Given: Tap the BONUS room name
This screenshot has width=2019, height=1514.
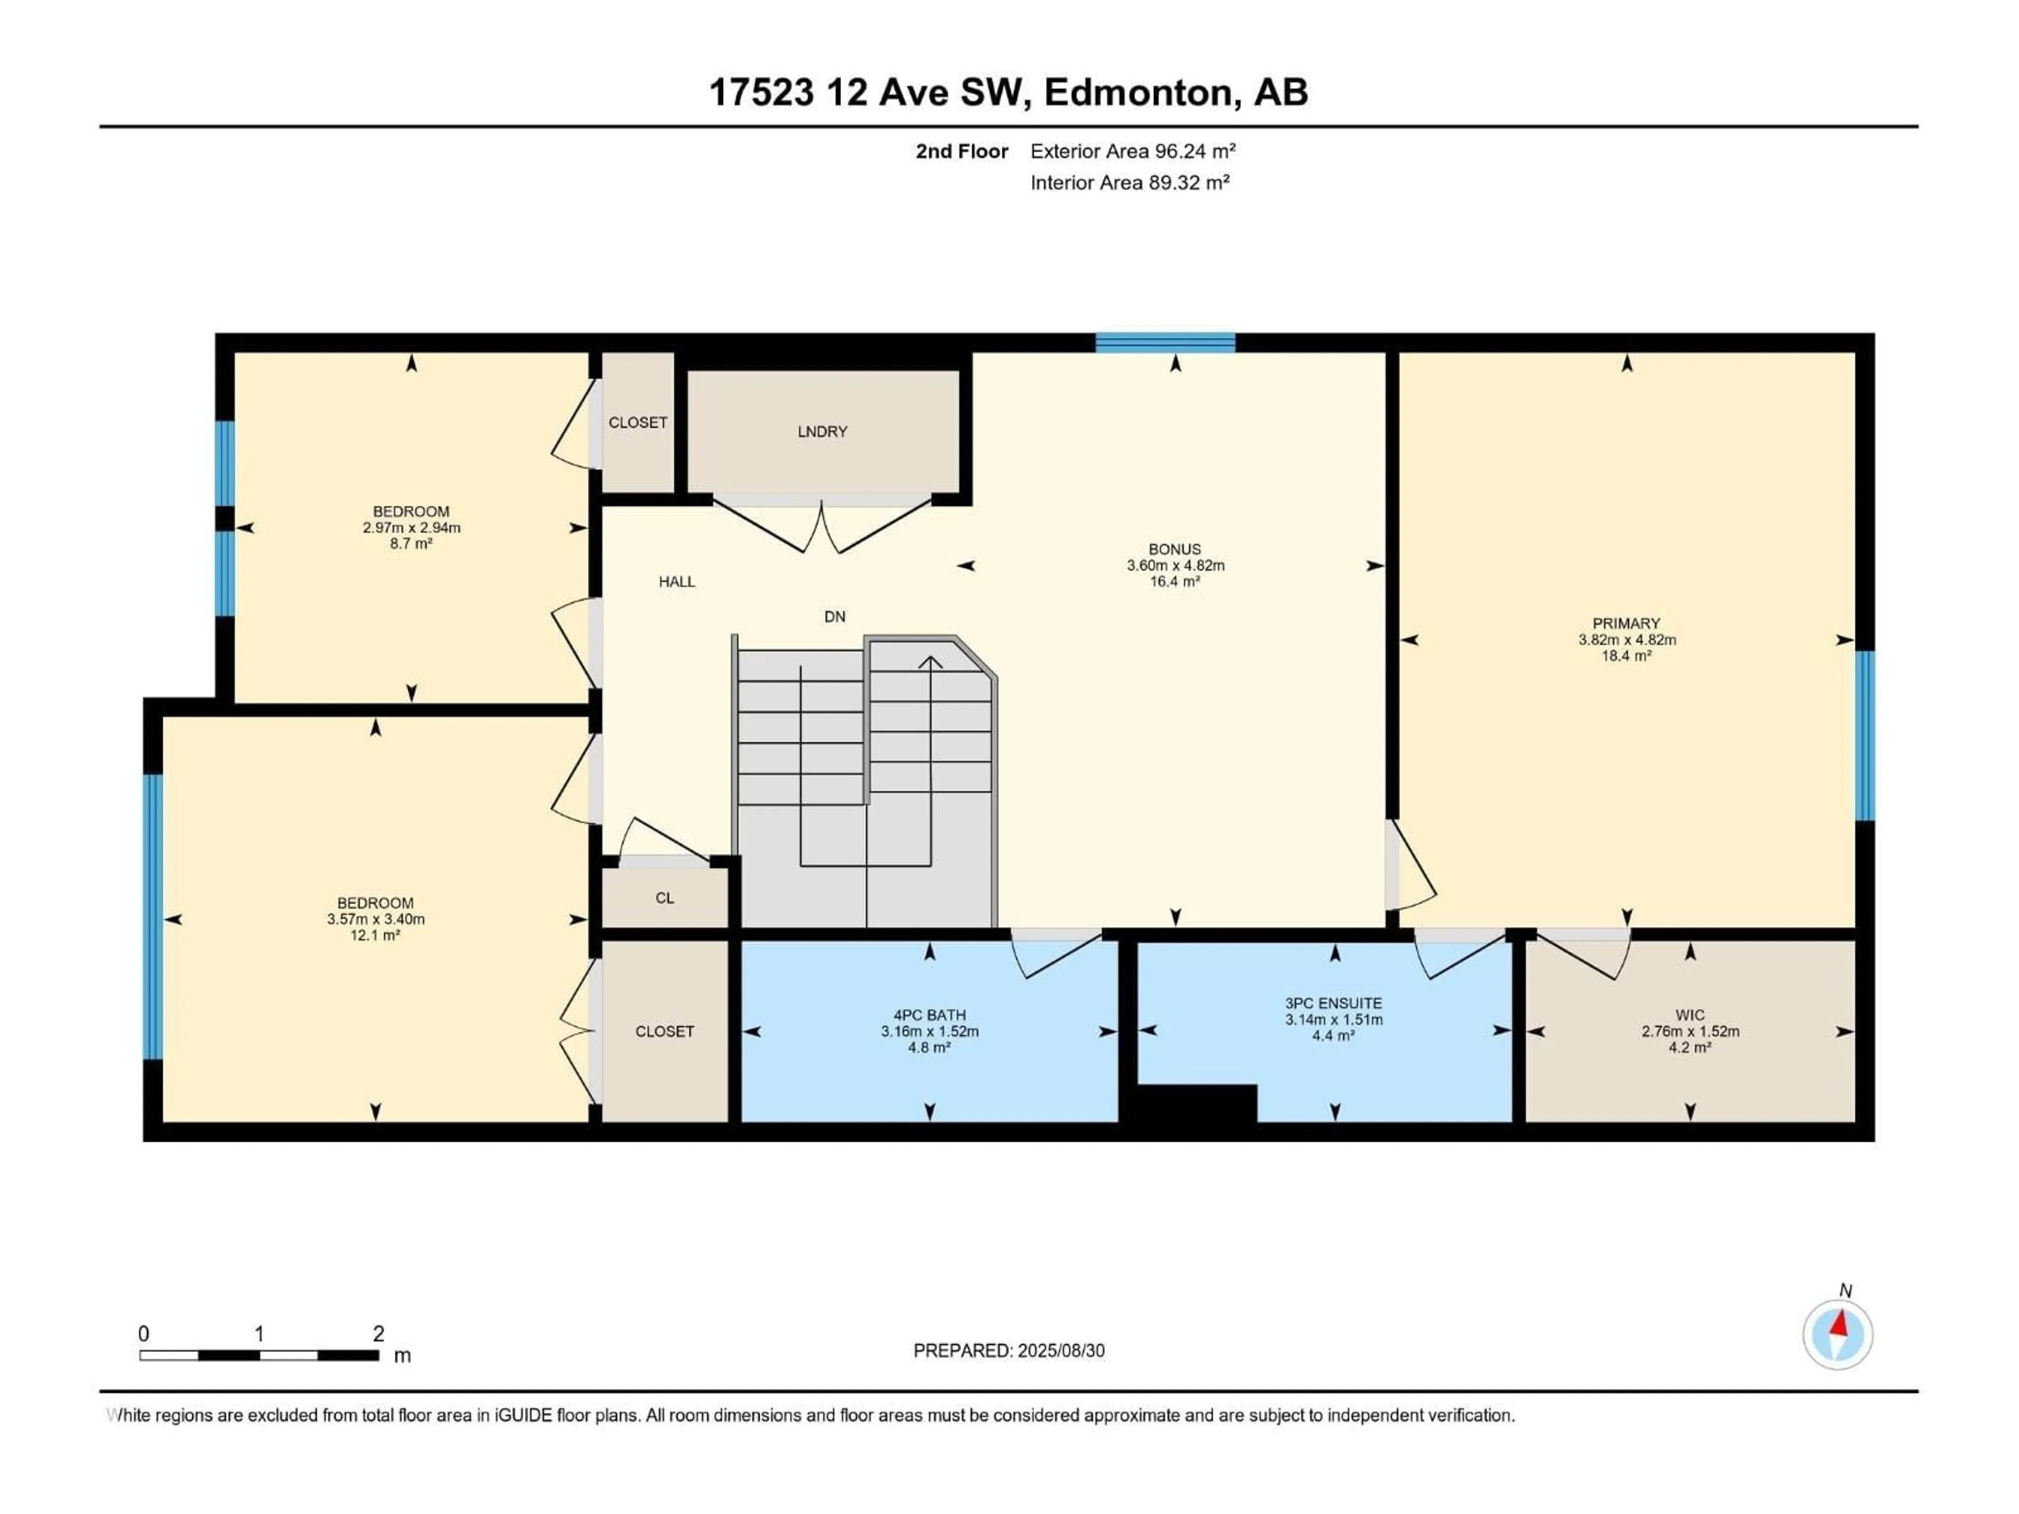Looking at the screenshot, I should pos(1175,549).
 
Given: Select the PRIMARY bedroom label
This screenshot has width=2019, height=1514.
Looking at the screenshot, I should pos(1627,623).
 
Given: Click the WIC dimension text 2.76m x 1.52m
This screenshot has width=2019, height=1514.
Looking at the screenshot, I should pos(1689,1031).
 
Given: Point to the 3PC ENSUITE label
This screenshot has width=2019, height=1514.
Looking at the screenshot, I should pos(1333,1003).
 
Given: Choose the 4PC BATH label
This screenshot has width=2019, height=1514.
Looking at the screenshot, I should pos(929,1015).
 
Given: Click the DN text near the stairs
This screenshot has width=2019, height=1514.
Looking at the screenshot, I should pos(834,617).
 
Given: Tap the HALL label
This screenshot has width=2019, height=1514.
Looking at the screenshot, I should pos(676,581).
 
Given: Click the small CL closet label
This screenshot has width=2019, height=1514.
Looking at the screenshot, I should pos(665,898).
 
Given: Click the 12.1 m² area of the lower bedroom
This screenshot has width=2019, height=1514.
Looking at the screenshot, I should pos(375,935).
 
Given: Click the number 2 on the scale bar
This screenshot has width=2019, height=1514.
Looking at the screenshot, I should pos(378,1333).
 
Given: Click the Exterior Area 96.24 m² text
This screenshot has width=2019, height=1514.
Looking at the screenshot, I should pos(1133,151).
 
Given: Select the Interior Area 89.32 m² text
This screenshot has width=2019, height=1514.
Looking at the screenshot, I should pos(1129,182).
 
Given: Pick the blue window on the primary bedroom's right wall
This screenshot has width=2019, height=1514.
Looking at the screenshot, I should pos(1865,735).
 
